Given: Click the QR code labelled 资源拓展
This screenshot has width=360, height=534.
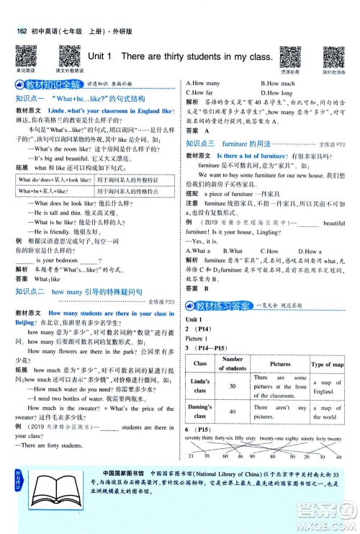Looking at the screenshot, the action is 289,56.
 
